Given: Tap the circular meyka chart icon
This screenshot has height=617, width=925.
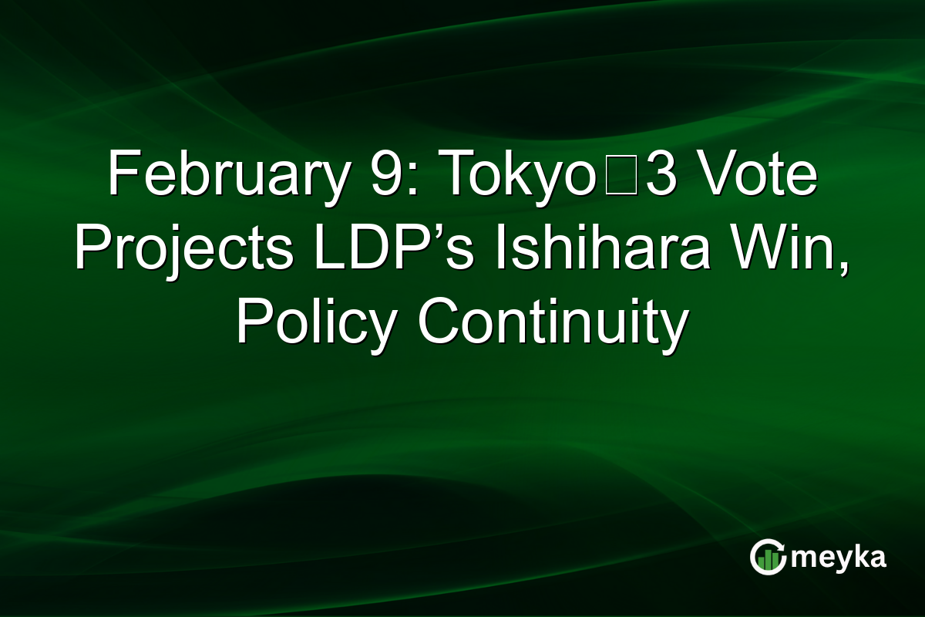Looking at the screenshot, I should click(768, 558).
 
